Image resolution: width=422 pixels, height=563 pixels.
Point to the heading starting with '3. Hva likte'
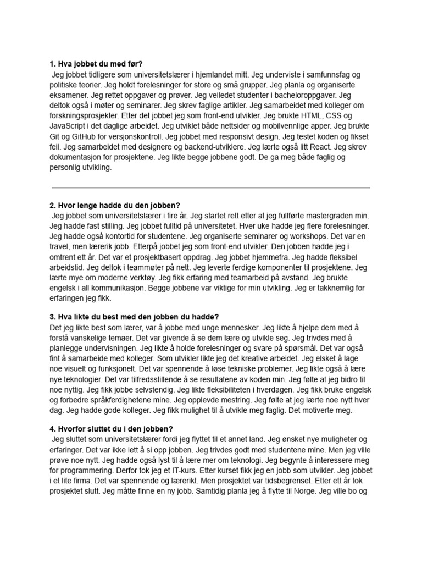pyautogui.click(x=134, y=317)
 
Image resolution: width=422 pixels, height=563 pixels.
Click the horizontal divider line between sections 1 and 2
pyautogui.click(x=210, y=188)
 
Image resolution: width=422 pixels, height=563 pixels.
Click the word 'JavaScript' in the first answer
pyautogui.click(x=67, y=126)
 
